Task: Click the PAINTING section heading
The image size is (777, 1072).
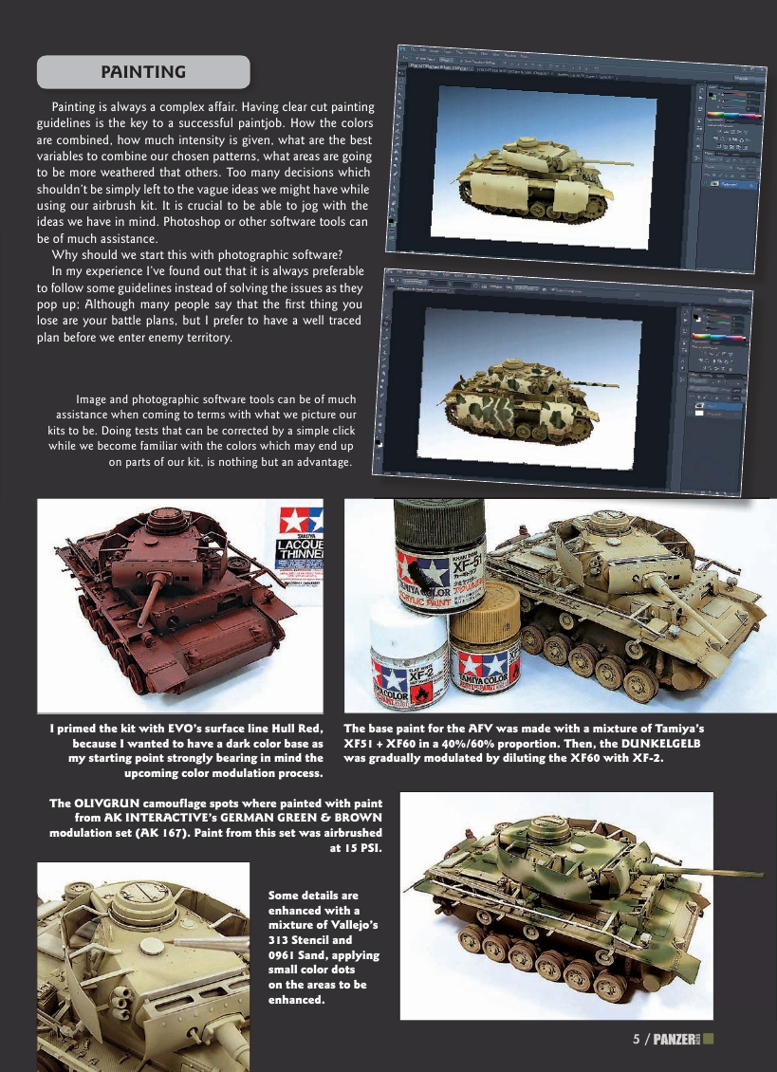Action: click(x=142, y=72)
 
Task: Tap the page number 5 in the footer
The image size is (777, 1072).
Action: click(x=637, y=1038)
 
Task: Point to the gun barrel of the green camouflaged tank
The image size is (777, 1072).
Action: click(x=702, y=870)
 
